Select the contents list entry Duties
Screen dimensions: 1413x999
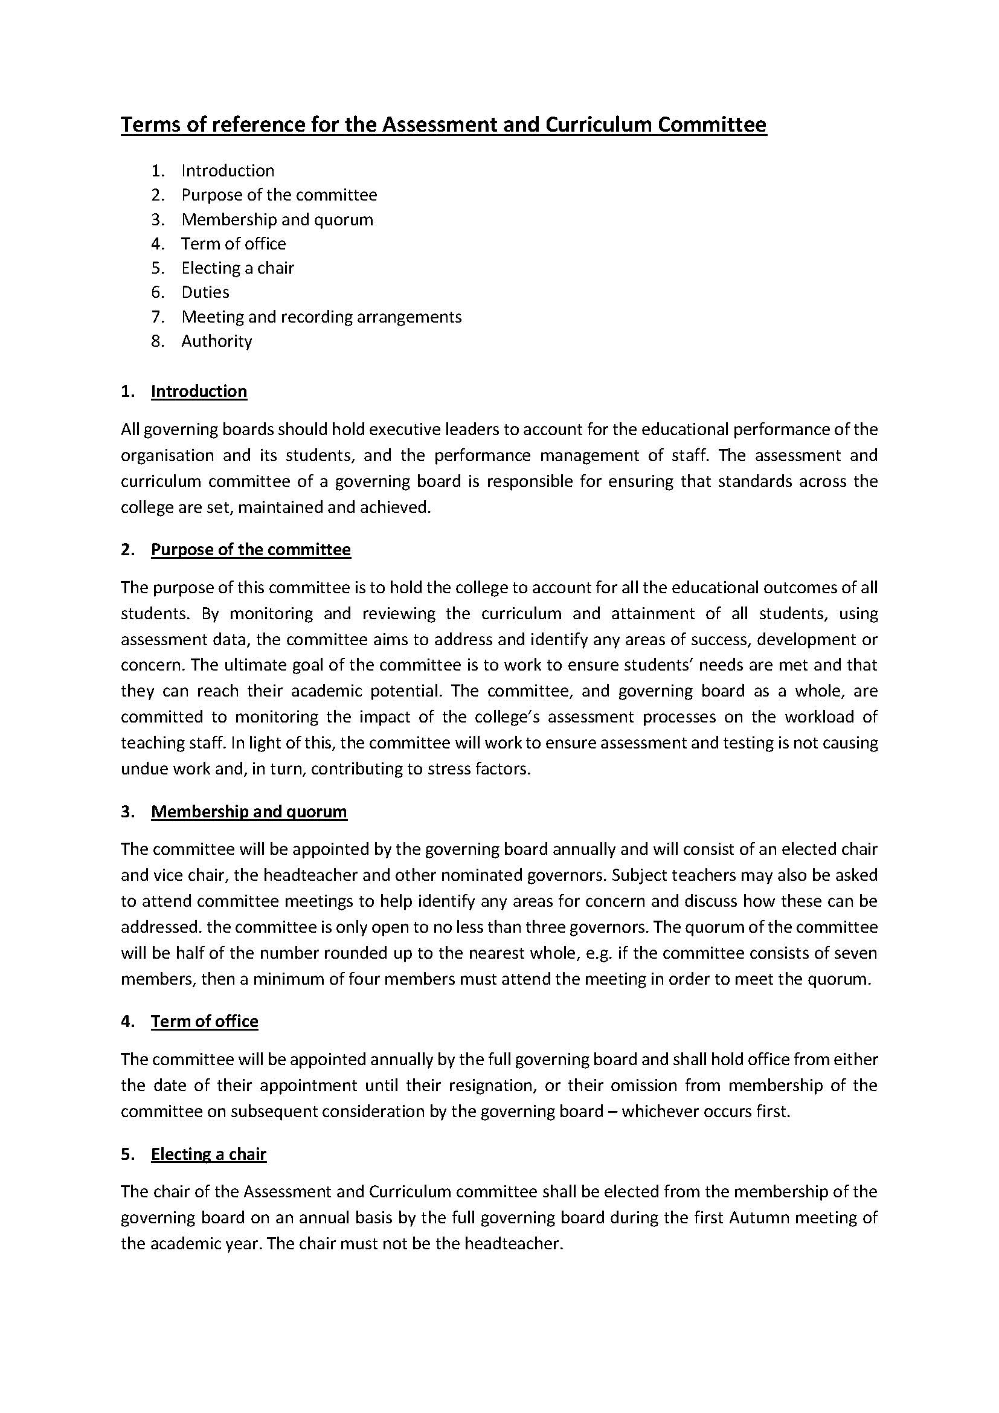[x=205, y=292]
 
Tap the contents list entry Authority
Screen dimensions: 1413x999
[x=217, y=341]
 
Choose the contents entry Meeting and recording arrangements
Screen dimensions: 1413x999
[x=321, y=317]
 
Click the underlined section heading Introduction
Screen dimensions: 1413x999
[x=199, y=391]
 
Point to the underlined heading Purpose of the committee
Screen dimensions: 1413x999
[x=251, y=550]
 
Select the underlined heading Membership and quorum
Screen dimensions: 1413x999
[x=248, y=812]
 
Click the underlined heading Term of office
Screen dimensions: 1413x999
[x=204, y=1022]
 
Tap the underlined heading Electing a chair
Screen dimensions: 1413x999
[x=208, y=1154]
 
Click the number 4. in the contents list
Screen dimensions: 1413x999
[x=158, y=244]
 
